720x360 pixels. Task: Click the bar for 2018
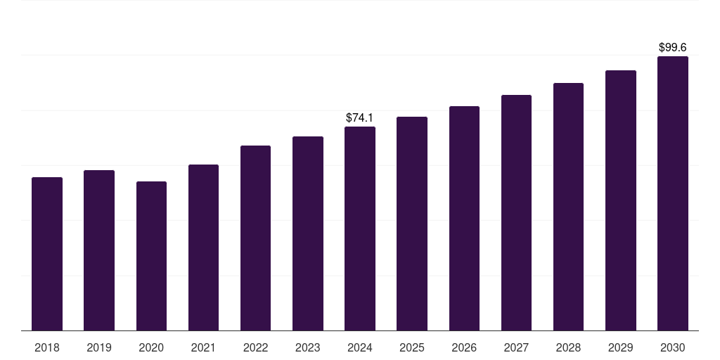click(47, 254)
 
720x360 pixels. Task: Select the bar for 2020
click(151, 256)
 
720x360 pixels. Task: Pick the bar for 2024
click(360, 229)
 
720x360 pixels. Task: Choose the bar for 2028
click(568, 207)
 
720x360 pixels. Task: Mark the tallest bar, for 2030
click(673, 193)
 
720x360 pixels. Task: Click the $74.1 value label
click(360, 118)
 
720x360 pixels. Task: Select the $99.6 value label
click(673, 48)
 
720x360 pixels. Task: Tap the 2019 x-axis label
click(99, 347)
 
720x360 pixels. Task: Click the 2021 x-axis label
click(203, 347)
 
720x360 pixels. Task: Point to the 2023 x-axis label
click(308, 347)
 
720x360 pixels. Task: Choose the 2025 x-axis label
click(412, 347)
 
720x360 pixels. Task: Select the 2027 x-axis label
click(516, 347)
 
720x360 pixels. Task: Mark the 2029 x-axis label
click(621, 347)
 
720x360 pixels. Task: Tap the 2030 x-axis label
click(673, 347)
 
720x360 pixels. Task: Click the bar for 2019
click(99, 250)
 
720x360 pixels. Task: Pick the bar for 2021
click(203, 247)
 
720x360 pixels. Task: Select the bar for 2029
click(621, 200)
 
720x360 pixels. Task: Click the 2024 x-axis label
click(360, 347)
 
